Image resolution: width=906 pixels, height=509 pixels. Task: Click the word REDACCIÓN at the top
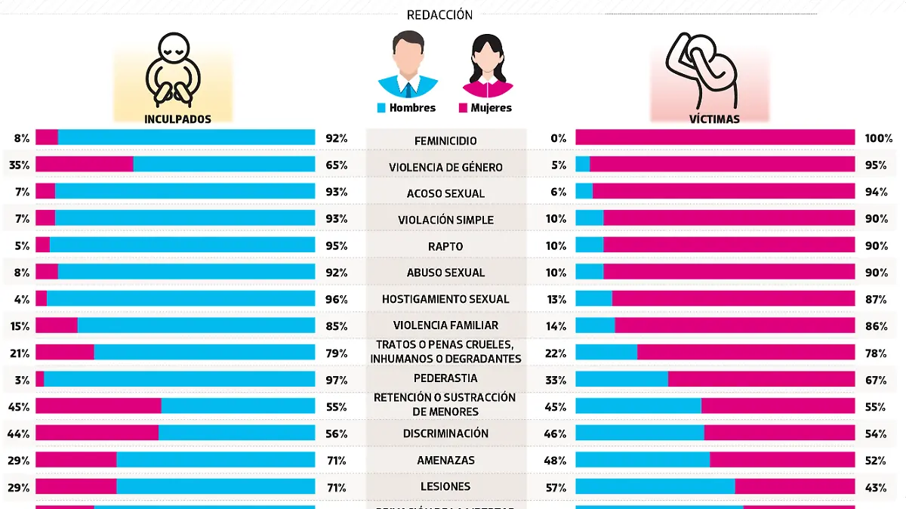(439, 15)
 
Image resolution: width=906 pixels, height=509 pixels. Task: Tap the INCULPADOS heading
(177, 119)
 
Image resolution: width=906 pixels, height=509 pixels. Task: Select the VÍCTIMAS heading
(713, 119)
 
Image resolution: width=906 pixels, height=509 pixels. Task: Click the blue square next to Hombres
(381, 108)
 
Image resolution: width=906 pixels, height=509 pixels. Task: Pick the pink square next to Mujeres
(463, 108)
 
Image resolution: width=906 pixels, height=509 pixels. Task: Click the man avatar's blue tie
(408, 88)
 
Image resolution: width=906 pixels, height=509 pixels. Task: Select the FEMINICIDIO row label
(445, 141)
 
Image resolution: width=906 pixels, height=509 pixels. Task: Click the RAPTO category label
(445, 247)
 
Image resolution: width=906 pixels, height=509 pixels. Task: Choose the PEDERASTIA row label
(445, 378)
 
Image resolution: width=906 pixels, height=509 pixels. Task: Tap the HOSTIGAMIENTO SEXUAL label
(445, 299)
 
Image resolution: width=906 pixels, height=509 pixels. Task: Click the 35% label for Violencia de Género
(18, 165)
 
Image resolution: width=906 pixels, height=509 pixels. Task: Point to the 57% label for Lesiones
(557, 487)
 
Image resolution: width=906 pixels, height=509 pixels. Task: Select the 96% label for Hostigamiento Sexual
(336, 299)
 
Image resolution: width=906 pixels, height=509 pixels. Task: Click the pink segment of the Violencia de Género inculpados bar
(85, 164)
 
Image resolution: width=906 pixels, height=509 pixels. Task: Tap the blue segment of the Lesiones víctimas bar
(655, 486)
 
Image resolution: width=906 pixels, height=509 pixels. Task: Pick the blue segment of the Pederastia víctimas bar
(621, 379)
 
